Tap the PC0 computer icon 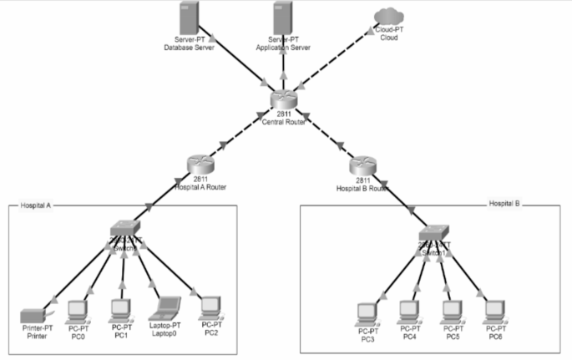tap(78, 310)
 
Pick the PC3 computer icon tap(367, 312)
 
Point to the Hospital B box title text tap(505, 203)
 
